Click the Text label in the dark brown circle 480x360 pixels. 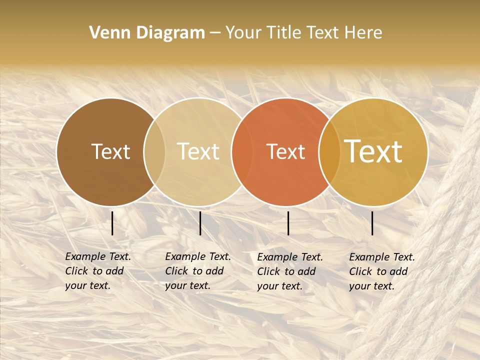[110, 152]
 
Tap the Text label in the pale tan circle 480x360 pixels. [198, 152]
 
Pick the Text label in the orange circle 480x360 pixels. [286, 152]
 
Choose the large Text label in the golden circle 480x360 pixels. [373, 151]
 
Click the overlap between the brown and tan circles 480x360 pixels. [154, 152]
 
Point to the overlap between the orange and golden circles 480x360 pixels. [329, 152]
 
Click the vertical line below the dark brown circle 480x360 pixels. [112, 223]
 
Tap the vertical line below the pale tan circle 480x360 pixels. [200, 223]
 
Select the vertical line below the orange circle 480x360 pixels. [288, 223]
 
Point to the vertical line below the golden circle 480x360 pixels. [372, 223]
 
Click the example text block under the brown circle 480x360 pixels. [97, 271]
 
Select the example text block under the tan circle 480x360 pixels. [197, 271]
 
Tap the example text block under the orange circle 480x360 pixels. [289, 271]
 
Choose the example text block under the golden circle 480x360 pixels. [381, 271]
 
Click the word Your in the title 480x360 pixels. [243, 33]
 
